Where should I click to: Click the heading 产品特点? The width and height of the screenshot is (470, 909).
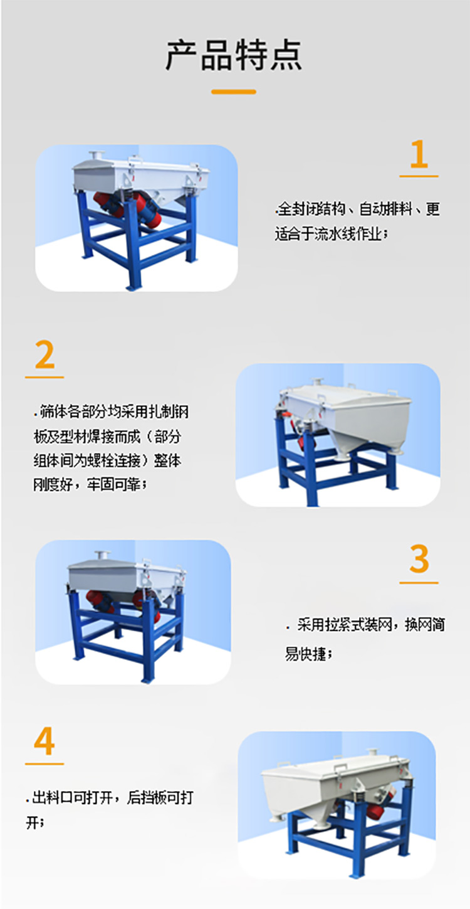tap(234, 55)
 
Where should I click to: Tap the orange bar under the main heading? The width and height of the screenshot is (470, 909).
tap(234, 92)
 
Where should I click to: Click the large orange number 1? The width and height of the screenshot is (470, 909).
tap(419, 154)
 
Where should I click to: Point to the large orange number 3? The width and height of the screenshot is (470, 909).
tap(419, 560)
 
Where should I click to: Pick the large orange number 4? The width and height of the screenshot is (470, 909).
tap(44, 742)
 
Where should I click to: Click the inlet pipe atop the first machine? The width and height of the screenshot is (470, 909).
tap(97, 155)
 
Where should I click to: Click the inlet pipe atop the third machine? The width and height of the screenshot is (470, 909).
tap(101, 557)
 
